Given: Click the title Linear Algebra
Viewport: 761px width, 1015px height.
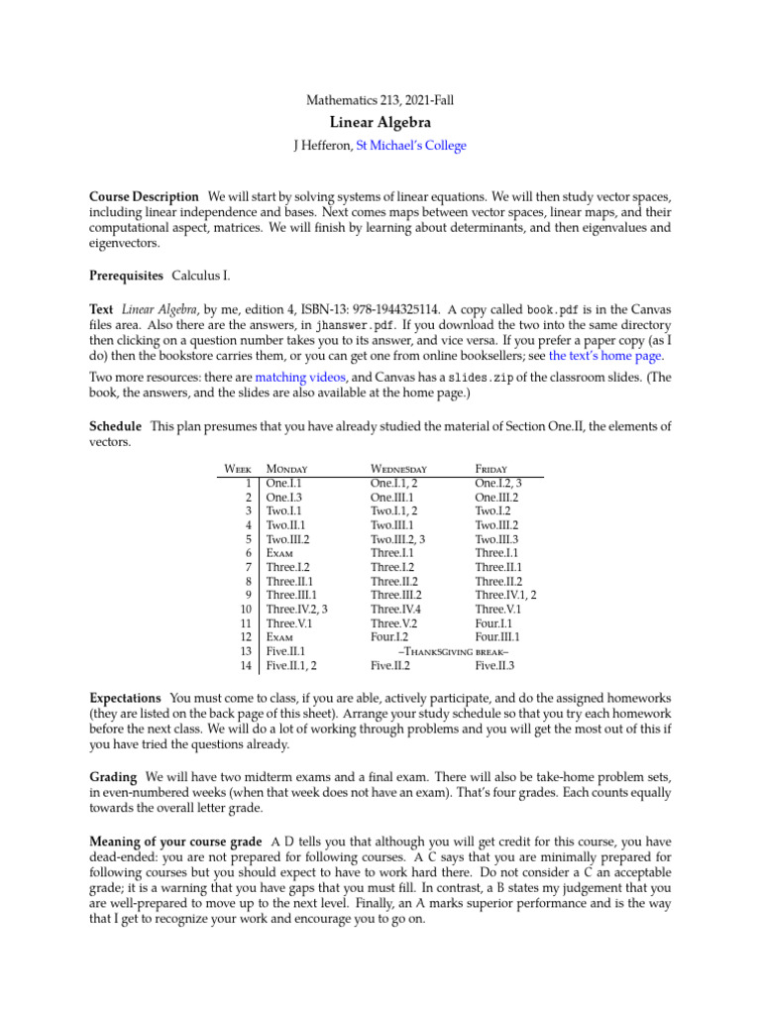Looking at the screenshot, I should [x=380, y=123].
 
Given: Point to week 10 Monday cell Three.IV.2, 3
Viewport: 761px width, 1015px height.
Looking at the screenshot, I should [x=297, y=611].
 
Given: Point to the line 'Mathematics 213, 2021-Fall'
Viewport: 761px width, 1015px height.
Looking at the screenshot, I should [x=380, y=99].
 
